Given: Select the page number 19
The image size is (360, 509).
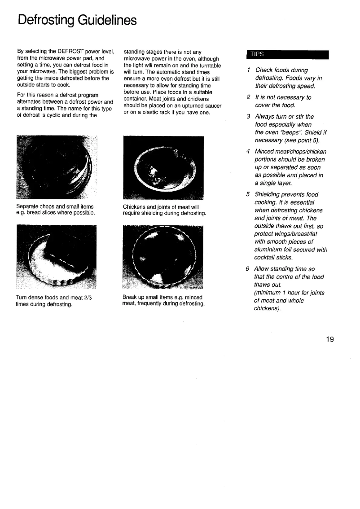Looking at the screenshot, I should tap(330, 339).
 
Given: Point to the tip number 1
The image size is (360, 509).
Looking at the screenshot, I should tap(249, 70).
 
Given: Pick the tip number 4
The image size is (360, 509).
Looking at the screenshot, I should tap(248, 151).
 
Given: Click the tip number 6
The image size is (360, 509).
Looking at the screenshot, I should tap(248, 269).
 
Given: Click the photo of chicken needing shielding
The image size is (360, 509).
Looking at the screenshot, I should tap(163, 167).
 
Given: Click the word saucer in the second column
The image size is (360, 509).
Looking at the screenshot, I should tap(199, 106).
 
